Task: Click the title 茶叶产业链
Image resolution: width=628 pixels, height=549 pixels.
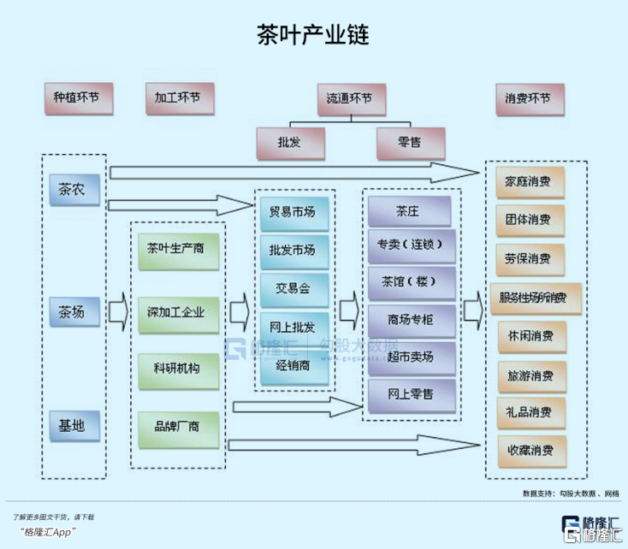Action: (313, 34)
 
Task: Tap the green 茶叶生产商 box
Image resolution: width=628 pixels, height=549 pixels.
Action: (176, 249)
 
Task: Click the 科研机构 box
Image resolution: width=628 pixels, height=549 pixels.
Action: (176, 368)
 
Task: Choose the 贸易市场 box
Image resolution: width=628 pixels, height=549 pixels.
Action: (292, 211)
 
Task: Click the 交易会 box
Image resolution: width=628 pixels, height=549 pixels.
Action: (292, 288)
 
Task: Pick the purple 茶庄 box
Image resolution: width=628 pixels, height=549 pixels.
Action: (409, 210)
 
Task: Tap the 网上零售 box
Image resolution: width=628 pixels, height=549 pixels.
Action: (409, 393)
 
